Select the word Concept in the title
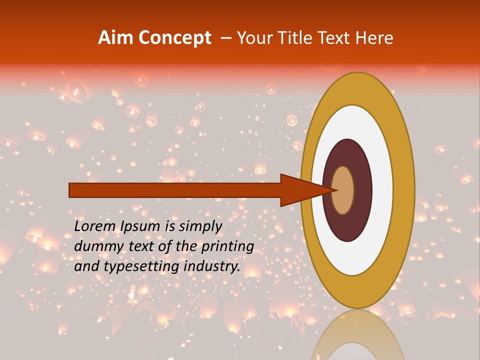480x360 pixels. tap(174, 38)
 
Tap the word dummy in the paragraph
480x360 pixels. tap(95, 246)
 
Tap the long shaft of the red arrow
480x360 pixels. tap(175, 190)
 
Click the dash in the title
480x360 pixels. tap(225, 38)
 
